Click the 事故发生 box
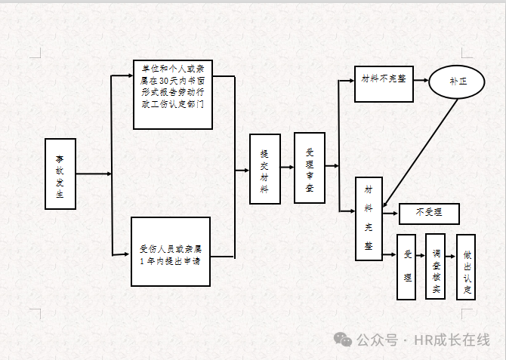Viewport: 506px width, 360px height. [60, 174]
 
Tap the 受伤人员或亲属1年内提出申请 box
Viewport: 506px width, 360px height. [171, 251]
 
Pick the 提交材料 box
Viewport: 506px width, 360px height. [264, 169]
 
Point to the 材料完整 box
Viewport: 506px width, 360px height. [369, 219]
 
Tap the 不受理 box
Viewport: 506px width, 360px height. [428, 214]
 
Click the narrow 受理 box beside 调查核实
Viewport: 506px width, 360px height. [407, 267]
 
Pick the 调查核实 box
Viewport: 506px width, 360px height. [436, 266]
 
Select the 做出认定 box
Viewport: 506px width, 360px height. [466, 267]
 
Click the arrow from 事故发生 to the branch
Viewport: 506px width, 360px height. [94, 174]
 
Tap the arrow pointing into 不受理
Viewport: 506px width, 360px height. [390, 214]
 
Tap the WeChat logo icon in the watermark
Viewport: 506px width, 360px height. [344, 340]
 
